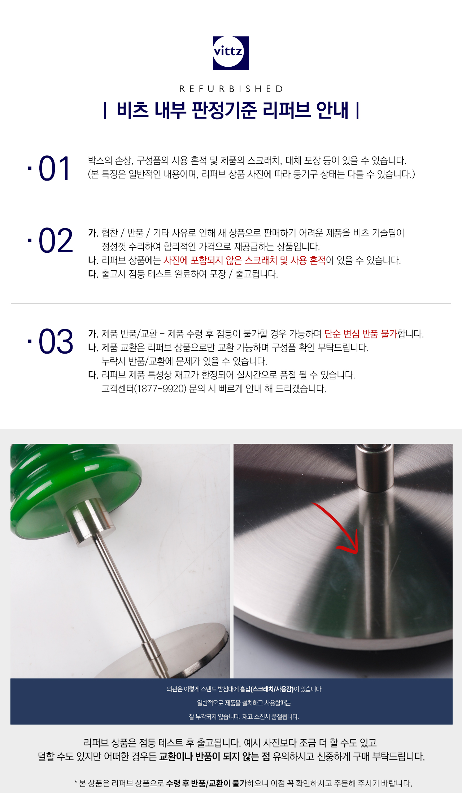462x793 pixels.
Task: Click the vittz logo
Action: tap(231, 53)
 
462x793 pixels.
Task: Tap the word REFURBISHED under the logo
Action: tap(231, 89)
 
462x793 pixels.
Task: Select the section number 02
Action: tap(56, 240)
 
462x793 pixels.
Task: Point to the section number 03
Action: tap(56, 341)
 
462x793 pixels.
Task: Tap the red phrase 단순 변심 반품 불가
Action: tap(361, 334)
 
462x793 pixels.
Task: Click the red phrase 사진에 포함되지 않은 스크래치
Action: tap(220, 260)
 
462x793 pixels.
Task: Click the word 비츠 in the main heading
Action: tap(132, 110)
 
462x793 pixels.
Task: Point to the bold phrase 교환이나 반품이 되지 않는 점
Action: tap(214, 757)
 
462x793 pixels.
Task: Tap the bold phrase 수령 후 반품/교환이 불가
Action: tap(206, 783)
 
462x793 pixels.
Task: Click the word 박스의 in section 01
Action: tap(100, 160)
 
